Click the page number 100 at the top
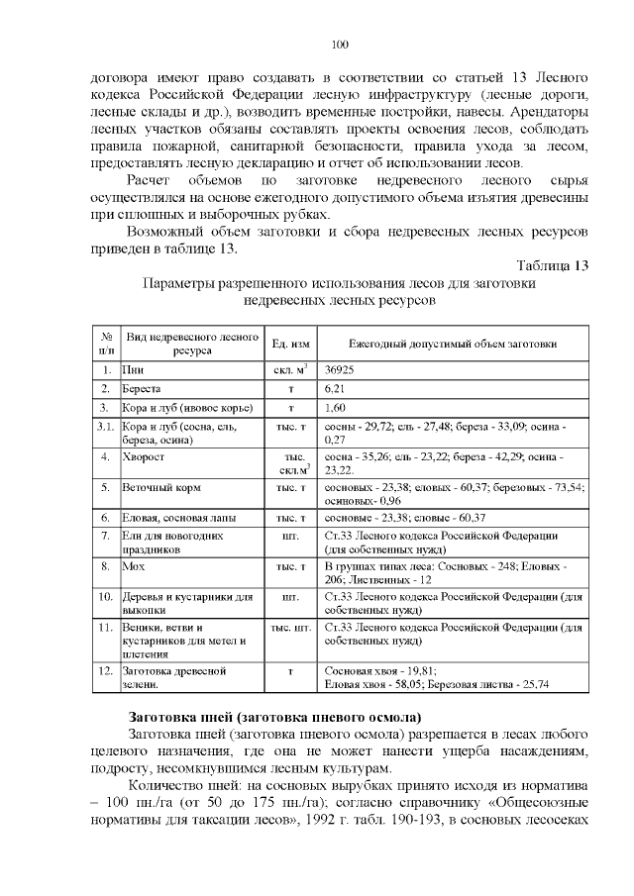[340, 44]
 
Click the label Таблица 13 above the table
[553, 265]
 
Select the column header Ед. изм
[291, 343]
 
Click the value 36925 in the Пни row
[342, 369]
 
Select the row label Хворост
[144, 458]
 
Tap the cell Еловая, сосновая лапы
[178, 517]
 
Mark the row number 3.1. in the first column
[105, 426]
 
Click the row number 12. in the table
[105, 670]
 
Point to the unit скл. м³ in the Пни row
[291, 369]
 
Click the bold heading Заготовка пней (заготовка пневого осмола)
[275, 716]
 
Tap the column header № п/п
[105, 343]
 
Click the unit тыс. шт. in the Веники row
[291, 628]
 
